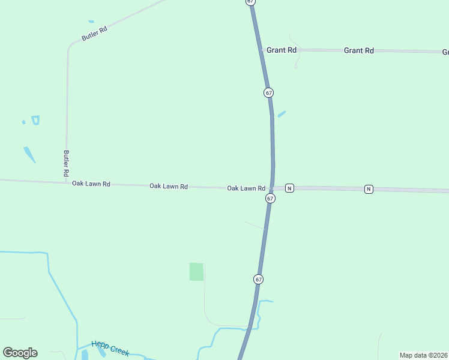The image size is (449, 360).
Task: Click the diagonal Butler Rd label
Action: pos(94,33)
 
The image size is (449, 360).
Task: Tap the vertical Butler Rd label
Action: pos(66,163)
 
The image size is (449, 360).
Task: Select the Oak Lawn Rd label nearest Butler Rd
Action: pos(91,184)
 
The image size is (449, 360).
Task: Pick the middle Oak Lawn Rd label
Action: pos(168,187)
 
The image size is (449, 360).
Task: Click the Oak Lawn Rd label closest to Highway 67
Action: pos(246,188)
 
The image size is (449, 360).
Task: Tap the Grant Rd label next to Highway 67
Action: pos(282,50)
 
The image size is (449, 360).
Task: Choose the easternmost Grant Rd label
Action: pos(358,51)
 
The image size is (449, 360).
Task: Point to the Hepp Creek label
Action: pos(110,348)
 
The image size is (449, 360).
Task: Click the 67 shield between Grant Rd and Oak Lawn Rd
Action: pos(268,92)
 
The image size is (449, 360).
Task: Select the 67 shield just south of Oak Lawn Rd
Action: pos(270,198)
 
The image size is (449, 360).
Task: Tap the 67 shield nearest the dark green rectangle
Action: pos(258,279)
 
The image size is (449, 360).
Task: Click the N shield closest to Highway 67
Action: pos(289,188)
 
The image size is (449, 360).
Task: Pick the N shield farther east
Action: pos(369,189)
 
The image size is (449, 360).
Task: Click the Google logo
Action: pos(20,352)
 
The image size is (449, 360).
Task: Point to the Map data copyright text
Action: pos(423,355)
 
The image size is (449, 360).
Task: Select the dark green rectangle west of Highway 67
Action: pos(196,272)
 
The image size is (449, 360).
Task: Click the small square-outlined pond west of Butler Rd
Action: pos(35,120)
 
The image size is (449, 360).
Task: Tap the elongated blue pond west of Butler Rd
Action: pos(29,154)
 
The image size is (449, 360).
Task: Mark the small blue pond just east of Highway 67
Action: pos(281,114)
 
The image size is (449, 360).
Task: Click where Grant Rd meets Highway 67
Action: pos(262,50)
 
